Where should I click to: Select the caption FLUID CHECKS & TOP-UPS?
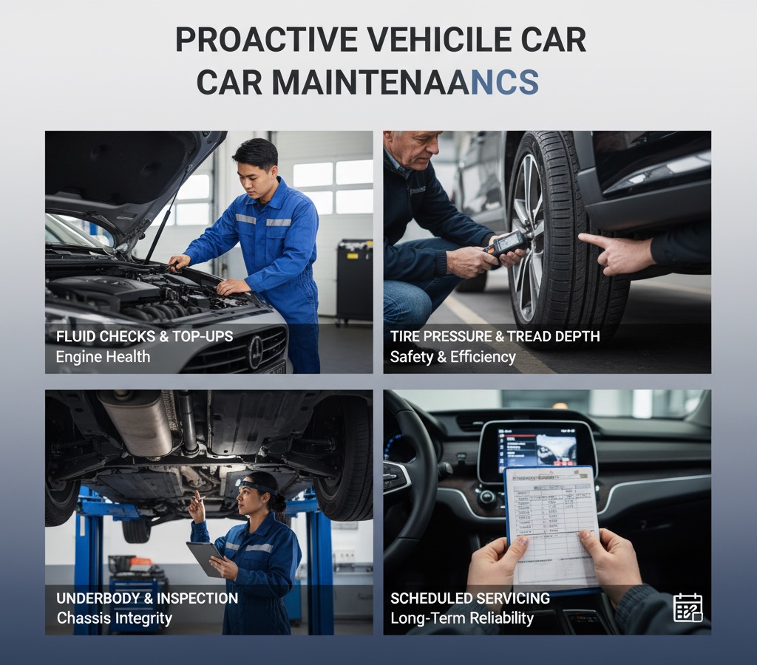(144, 337)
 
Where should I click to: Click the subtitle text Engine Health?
(103, 357)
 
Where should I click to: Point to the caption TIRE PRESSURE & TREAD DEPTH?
(495, 337)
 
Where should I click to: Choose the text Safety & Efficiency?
(452, 357)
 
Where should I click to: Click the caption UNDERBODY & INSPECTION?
(147, 598)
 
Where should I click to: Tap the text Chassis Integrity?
(114, 618)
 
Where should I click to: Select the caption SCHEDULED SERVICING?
(470, 598)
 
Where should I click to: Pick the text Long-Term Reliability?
(462, 618)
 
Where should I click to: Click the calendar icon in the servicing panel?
(688, 607)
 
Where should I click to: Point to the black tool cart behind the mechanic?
(353, 281)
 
